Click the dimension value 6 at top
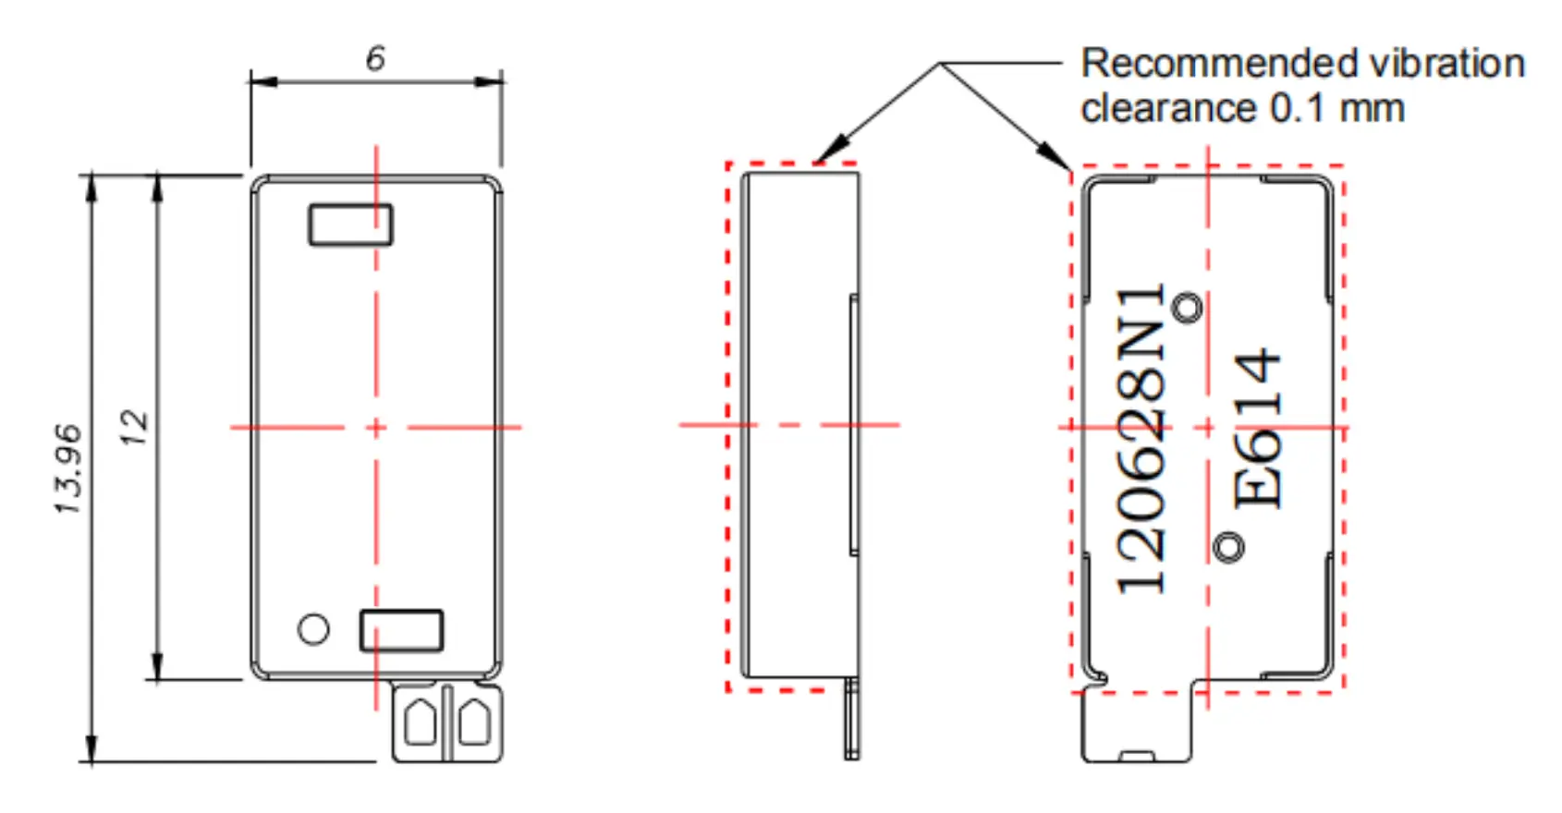[x=374, y=58]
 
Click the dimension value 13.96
[x=67, y=468]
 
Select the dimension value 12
[x=135, y=427]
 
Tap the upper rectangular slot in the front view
[x=350, y=224]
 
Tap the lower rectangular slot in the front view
[x=401, y=630]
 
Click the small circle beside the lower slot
[x=313, y=629]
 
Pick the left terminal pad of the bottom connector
[x=420, y=722]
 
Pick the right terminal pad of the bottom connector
[x=475, y=722]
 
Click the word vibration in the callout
[x=1446, y=64]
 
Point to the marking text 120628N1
[x=1141, y=439]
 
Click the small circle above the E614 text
[x=1187, y=308]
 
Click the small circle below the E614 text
[x=1227, y=547]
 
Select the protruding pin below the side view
[x=851, y=721]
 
